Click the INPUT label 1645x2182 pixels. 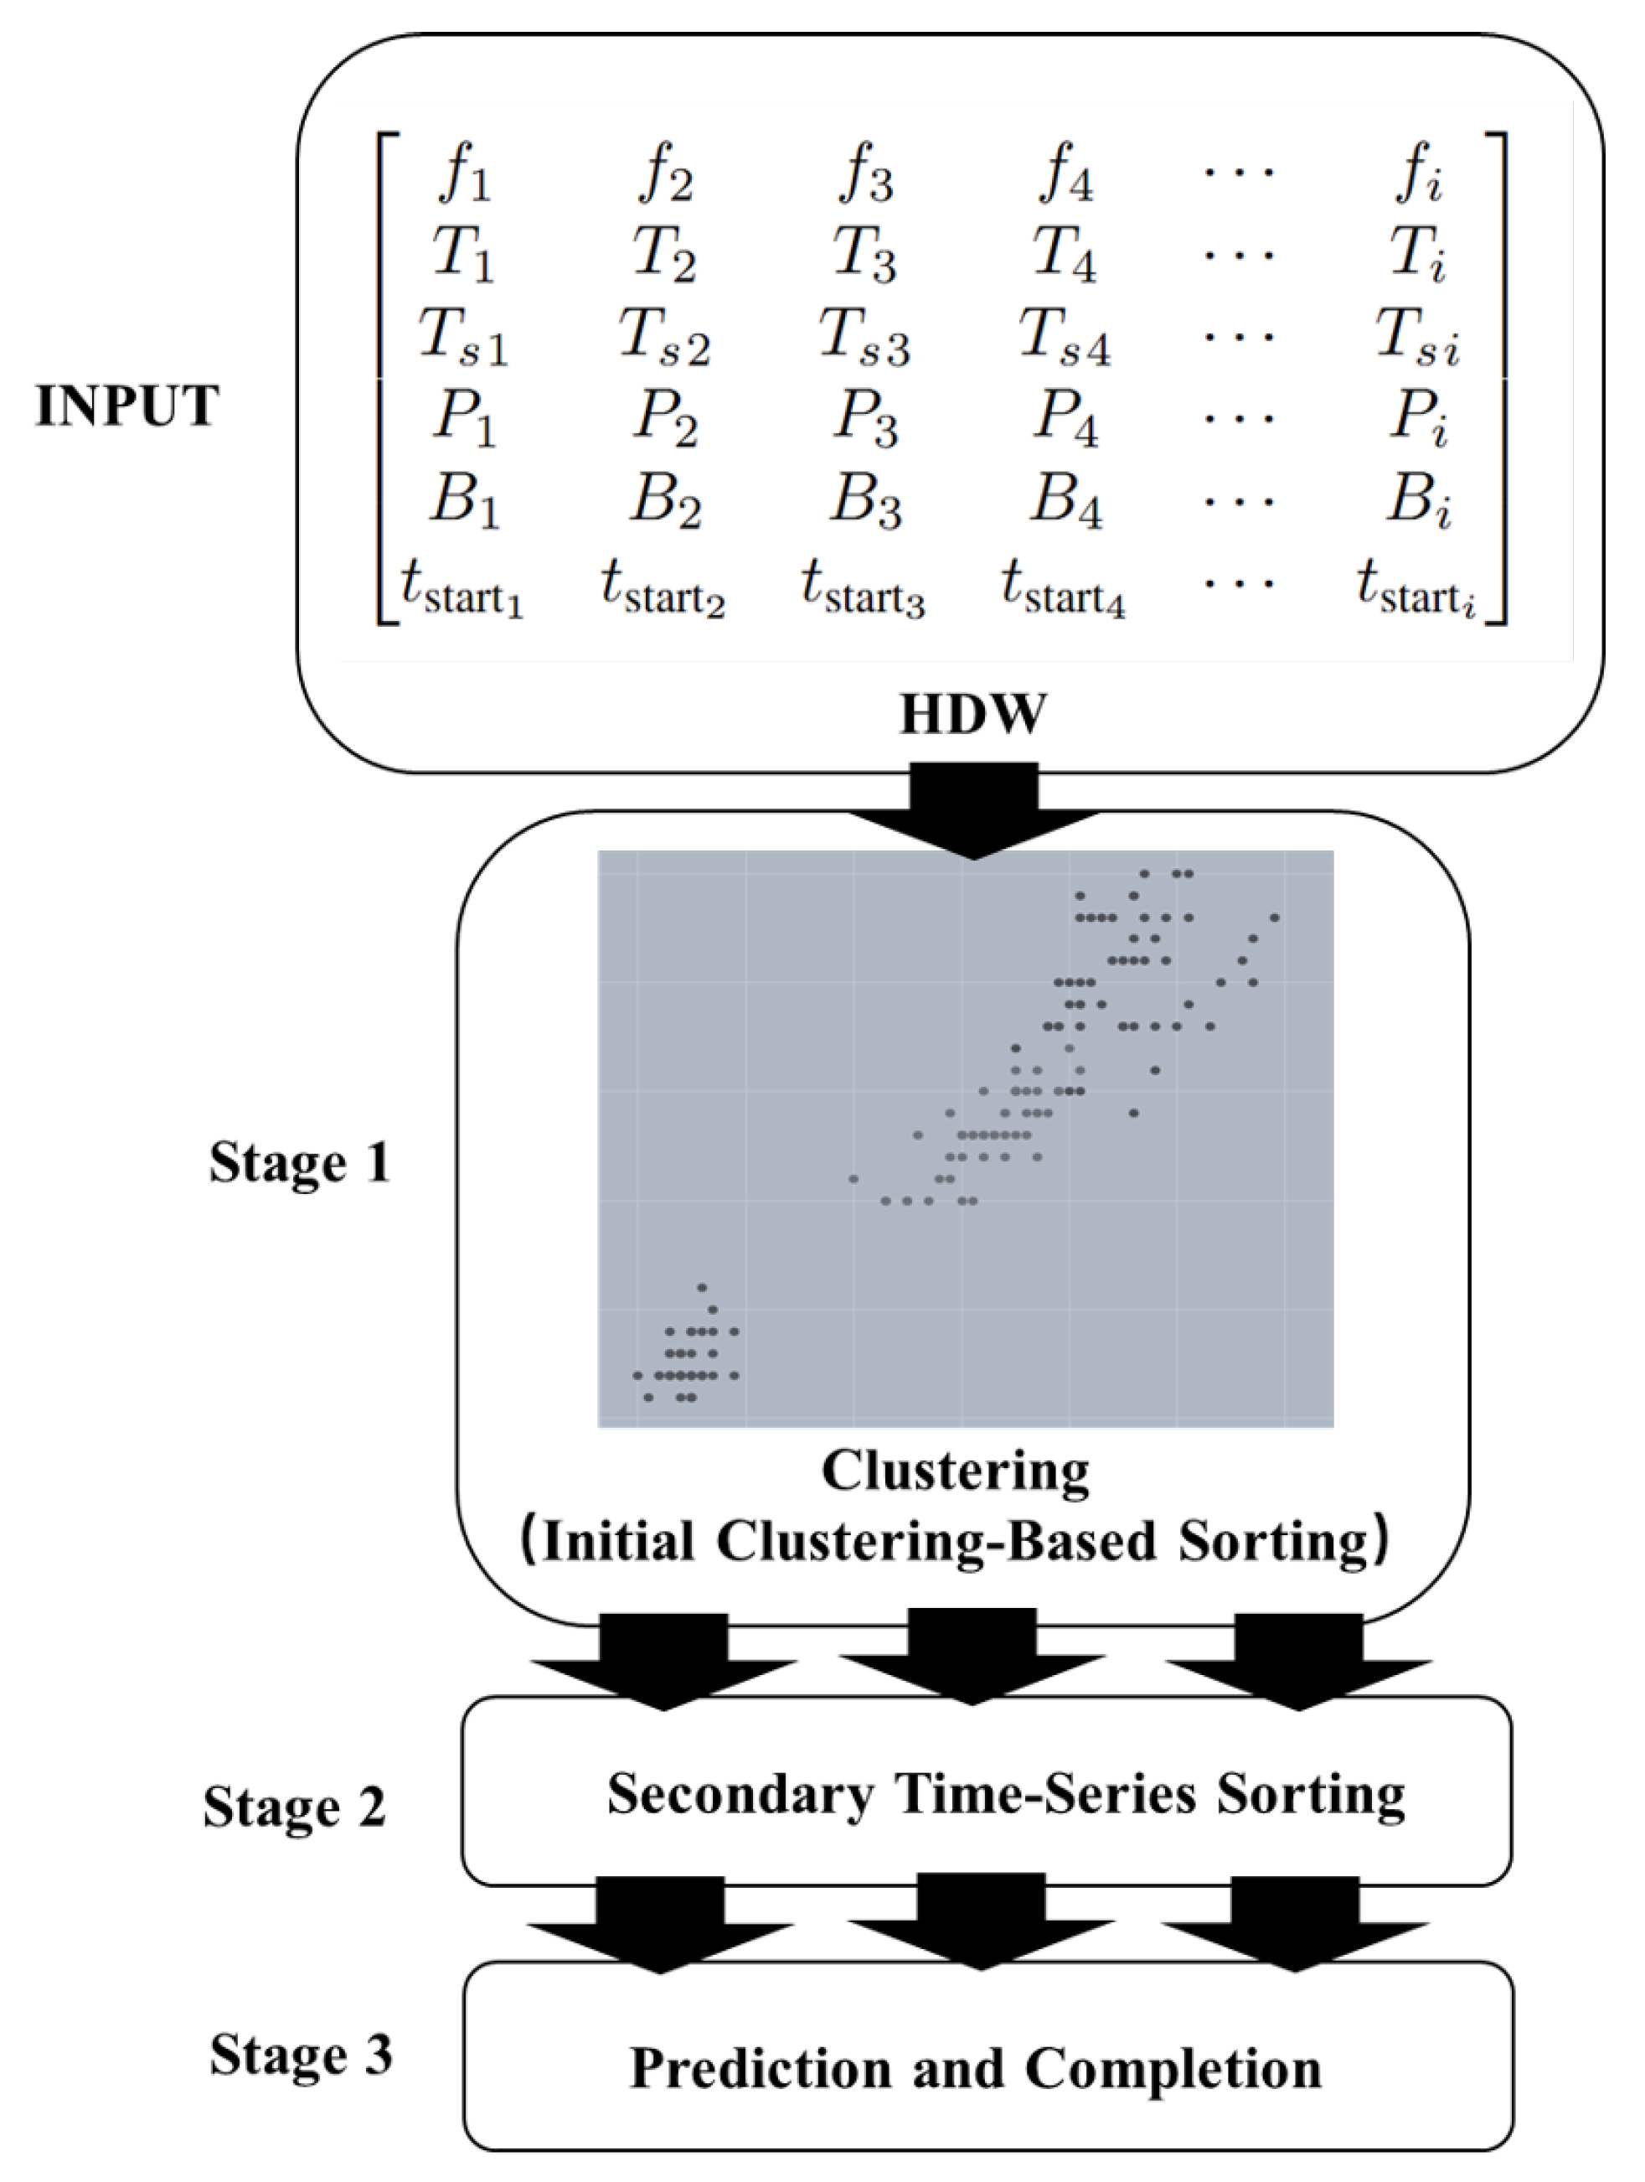click(126, 406)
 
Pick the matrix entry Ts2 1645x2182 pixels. click(663, 338)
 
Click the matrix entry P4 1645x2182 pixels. click(1065, 419)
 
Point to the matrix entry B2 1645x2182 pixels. click(666, 500)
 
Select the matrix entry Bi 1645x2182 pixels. click(1418, 500)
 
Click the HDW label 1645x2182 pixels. click(972, 714)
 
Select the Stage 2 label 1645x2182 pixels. click(294, 1807)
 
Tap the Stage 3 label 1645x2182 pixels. click(301, 2055)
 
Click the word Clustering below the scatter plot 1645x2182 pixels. click(956, 1471)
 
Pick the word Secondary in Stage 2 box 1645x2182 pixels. click(740, 1793)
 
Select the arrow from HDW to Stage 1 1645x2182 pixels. click(973, 809)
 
